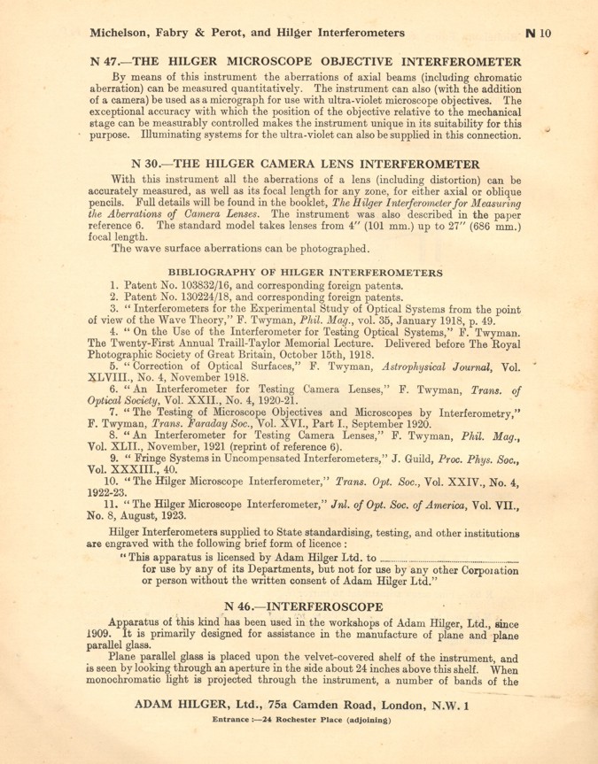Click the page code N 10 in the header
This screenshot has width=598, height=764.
[x=538, y=33]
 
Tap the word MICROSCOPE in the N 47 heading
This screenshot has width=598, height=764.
[x=248, y=62]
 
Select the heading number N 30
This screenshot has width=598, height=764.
[x=145, y=164]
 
